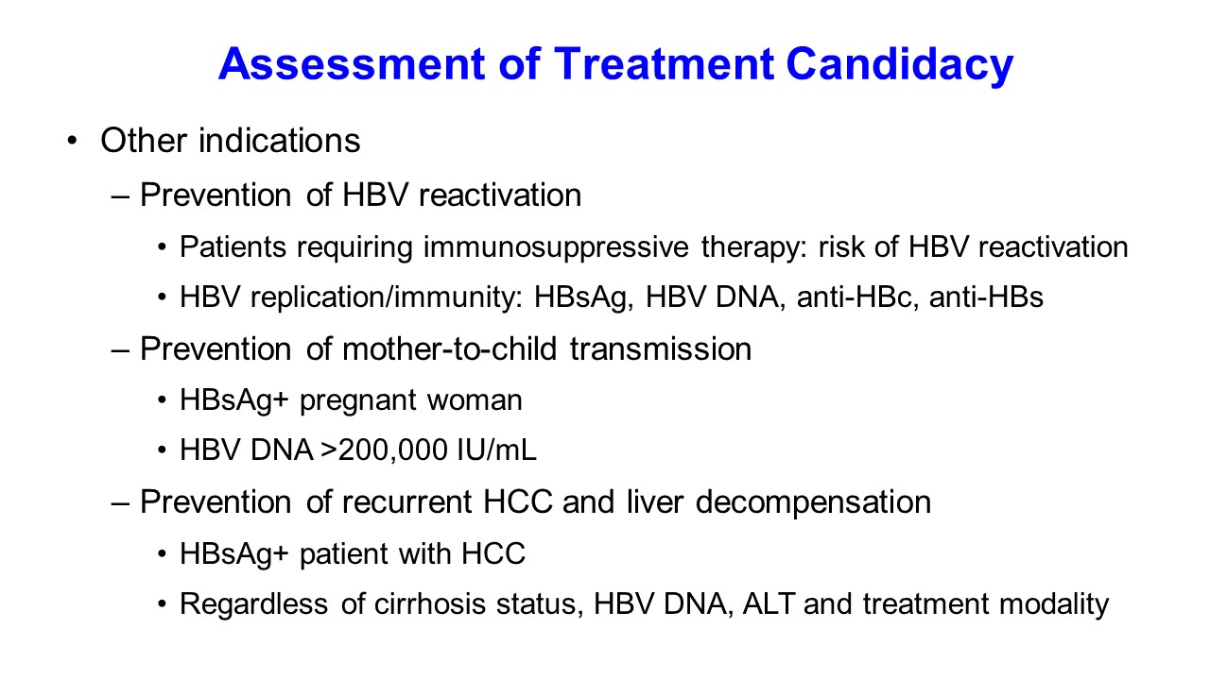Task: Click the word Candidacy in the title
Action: point(899,64)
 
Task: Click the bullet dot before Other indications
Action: point(73,142)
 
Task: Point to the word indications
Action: point(279,141)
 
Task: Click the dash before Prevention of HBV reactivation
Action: point(120,196)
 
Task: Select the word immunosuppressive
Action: point(556,247)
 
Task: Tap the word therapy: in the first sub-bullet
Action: point(754,247)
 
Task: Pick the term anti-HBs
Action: point(986,297)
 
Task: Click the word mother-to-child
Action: point(449,348)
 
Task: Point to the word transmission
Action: point(661,348)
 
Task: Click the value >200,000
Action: point(384,450)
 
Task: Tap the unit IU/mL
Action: point(496,450)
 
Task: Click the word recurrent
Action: point(406,501)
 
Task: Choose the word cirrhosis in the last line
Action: point(430,603)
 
